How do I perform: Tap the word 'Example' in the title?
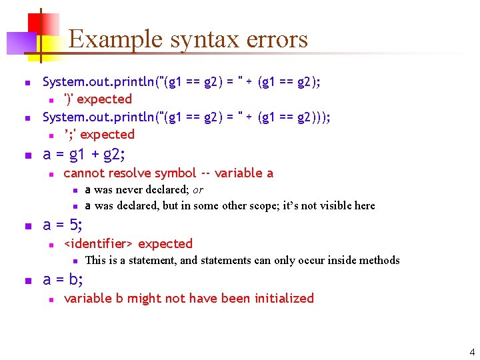pos(116,40)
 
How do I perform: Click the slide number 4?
pos(472,352)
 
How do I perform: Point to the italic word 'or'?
pos(198,190)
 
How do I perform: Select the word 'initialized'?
pos(281,299)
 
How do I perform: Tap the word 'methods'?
pos(378,260)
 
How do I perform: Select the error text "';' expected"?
pos(99,135)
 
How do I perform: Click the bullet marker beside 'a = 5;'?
pos(27,227)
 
